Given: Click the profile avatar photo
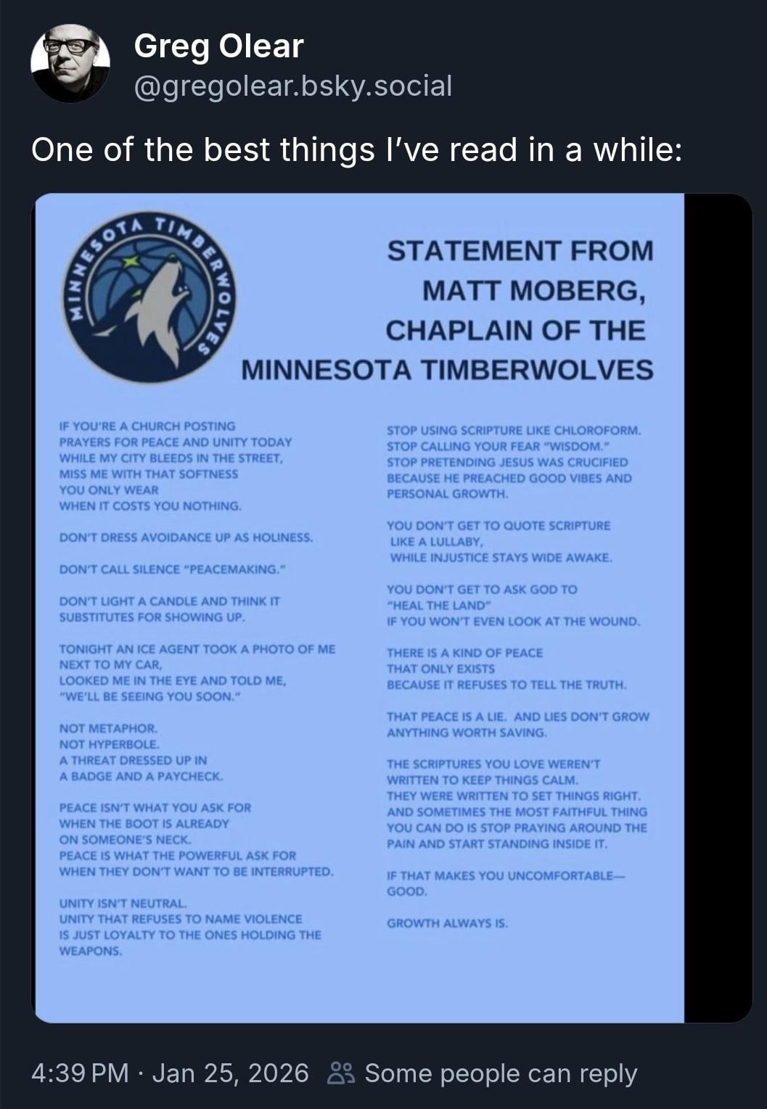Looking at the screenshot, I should click(x=70, y=64).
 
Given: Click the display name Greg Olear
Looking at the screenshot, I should click(x=218, y=47).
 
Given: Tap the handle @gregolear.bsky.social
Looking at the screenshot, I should click(x=292, y=86).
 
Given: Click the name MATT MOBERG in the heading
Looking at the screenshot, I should click(x=533, y=291).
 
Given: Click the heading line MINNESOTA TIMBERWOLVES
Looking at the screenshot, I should click(x=447, y=370).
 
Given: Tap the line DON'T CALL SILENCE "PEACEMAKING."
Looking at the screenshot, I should click(x=171, y=569).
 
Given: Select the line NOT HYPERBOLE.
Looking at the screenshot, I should click(x=110, y=744).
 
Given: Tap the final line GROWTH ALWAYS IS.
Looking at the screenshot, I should click(x=447, y=923).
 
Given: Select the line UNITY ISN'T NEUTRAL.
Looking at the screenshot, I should click(x=123, y=903).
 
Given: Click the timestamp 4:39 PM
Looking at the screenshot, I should click(x=80, y=1073).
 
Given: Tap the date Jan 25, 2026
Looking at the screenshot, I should click(x=230, y=1073).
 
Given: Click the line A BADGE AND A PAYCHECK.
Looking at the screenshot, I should click(x=141, y=776).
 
